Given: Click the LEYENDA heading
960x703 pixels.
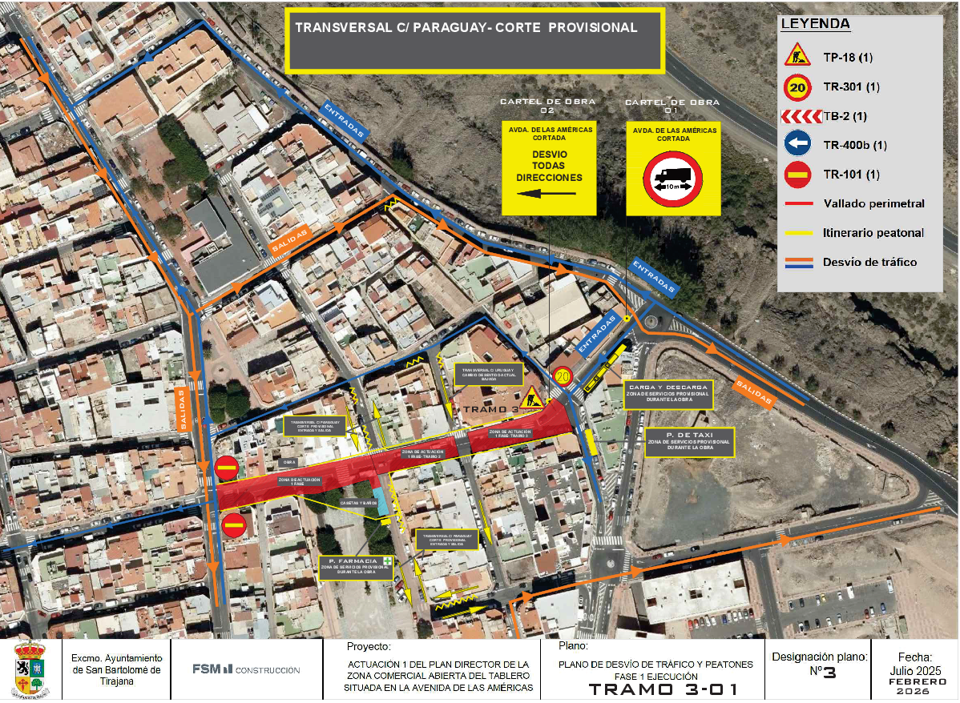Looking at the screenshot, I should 815,24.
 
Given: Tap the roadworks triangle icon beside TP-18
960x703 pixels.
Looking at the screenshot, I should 797,57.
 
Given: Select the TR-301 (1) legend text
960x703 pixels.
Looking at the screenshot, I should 851,86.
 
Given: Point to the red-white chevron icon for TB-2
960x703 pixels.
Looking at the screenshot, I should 801,116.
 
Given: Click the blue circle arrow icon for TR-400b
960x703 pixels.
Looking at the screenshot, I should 797,145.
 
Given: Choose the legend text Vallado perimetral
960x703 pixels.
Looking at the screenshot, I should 873,203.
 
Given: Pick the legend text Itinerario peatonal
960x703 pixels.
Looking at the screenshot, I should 873,233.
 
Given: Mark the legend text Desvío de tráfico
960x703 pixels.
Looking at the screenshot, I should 870,262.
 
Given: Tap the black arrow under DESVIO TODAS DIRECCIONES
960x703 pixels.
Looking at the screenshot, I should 547,193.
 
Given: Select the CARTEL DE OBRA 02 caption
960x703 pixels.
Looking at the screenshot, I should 548,106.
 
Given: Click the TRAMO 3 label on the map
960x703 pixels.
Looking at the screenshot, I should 490,408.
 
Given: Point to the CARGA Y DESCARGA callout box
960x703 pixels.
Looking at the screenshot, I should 668,394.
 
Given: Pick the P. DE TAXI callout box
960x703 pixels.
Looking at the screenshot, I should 690,443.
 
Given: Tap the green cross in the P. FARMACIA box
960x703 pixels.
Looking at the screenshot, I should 388,560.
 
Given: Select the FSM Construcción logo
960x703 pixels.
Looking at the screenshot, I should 245,669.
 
